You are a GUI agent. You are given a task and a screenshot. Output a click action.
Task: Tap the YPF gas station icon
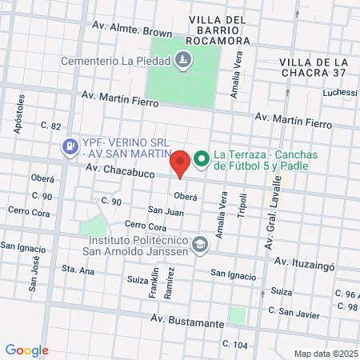pyautogui.click(x=70, y=146)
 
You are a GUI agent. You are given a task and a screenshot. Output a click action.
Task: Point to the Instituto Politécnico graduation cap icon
pyautogui.click(x=199, y=246)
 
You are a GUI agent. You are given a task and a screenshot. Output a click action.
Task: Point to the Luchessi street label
pyautogui.click(x=340, y=93)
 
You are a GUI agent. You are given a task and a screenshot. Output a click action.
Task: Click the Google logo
pyautogui.click(x=27, y=350)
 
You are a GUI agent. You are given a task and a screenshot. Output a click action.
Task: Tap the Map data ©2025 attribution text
pyautogui.click(x=323, y=354)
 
